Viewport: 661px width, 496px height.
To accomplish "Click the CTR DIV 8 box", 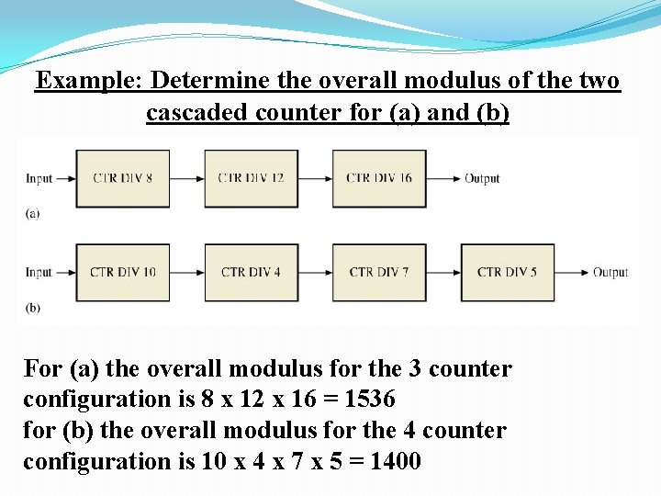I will tap(124, 178).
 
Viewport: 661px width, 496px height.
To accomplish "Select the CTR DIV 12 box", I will tap(252, 178).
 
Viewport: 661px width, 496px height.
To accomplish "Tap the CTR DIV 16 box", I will tap(379, 178).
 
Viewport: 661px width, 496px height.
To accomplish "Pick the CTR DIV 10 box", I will tap(124, 272).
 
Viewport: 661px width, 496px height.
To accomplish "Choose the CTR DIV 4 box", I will tap(252, 272).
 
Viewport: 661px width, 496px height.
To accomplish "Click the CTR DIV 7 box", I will tap(379, 272).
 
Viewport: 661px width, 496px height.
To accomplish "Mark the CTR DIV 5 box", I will tap(507, 272).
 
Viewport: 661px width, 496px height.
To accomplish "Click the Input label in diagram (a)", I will tap(39, 178).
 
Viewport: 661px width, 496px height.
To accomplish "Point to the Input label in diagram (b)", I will tap(39, 272).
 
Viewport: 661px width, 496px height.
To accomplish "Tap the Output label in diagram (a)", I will tap(482, 178).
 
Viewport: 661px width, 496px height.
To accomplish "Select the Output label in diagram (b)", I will tap(611, 272).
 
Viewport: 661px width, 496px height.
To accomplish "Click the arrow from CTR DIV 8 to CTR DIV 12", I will tap(188, 178).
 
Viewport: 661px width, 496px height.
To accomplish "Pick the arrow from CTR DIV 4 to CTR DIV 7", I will tap(315, 272).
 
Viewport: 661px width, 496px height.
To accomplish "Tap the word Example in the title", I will tap(85, 81).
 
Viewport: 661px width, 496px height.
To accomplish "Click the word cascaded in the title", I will tap(197, 114).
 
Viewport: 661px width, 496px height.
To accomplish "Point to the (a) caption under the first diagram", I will tap(33, 213).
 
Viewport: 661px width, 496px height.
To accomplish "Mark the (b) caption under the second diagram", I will tap(33, 308).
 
